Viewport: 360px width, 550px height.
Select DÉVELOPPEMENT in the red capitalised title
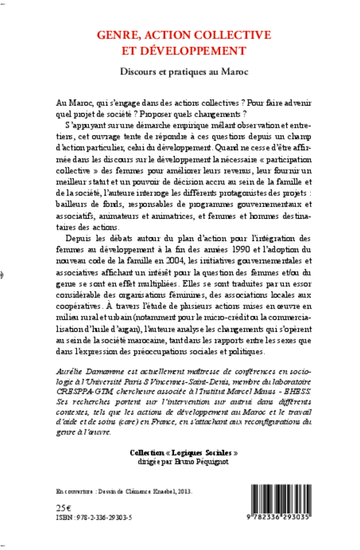point(194,51)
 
